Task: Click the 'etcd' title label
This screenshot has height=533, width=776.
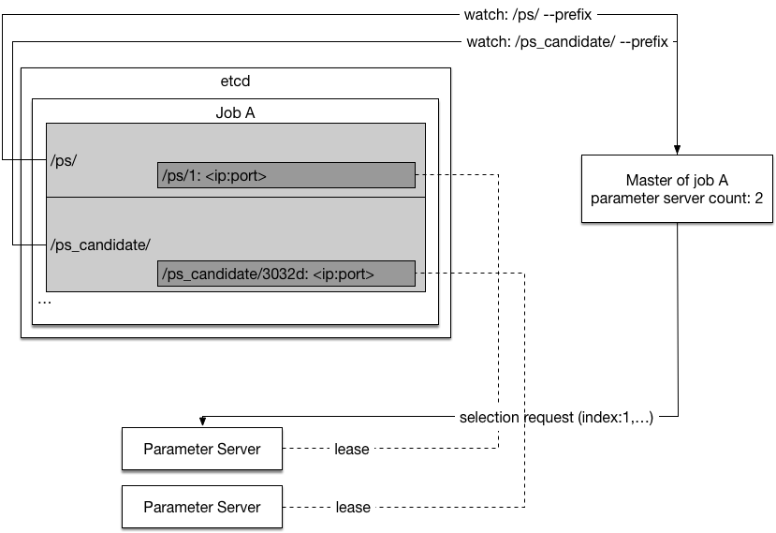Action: point(235,81)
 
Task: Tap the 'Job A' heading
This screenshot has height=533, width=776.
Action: point(235,113)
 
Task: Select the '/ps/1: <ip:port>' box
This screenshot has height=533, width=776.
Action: point(286,175)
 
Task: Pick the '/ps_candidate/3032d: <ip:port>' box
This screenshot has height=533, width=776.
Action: point(286,274)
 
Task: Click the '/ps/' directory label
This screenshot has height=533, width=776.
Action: point(64,160)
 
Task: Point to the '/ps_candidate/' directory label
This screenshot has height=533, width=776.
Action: point(100,244)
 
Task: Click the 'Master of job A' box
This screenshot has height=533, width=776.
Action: point(677,188)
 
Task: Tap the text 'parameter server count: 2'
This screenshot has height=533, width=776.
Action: point(677,199)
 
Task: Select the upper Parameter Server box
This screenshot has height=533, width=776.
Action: point(202,449)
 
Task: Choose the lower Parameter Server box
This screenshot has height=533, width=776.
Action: point(202,507)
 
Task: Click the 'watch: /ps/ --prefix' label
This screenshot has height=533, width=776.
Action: point(528,15)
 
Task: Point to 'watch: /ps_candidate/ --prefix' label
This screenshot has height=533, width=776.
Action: point(567,41)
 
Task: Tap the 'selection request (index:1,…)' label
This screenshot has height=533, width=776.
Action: point(556,418)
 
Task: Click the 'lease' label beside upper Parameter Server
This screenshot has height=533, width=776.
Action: point(352,450)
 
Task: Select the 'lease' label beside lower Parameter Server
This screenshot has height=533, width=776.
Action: point(353,508)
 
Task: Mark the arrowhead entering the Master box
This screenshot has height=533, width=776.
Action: point(677,150)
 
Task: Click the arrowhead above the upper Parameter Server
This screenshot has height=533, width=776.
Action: point(202,422)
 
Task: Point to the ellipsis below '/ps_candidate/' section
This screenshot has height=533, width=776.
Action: point(45,302)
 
